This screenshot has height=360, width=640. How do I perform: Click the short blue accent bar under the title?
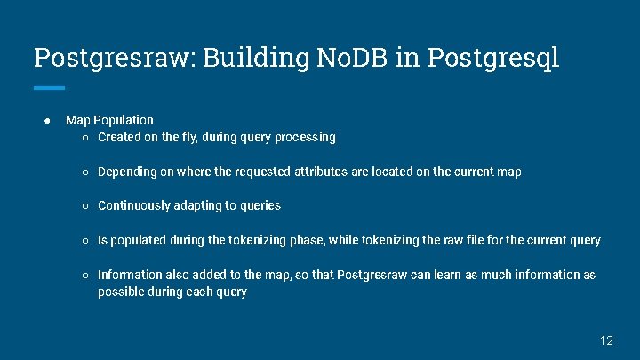tap(49, 88)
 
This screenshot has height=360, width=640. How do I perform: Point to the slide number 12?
tap(606, 340)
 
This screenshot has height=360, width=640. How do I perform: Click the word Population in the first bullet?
tap(124, 120)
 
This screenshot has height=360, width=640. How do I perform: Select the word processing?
tap(305, 138)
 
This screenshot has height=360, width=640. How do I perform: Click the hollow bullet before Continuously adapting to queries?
tap(84, 206)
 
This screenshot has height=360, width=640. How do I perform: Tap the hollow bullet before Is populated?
tap(84, 240)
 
